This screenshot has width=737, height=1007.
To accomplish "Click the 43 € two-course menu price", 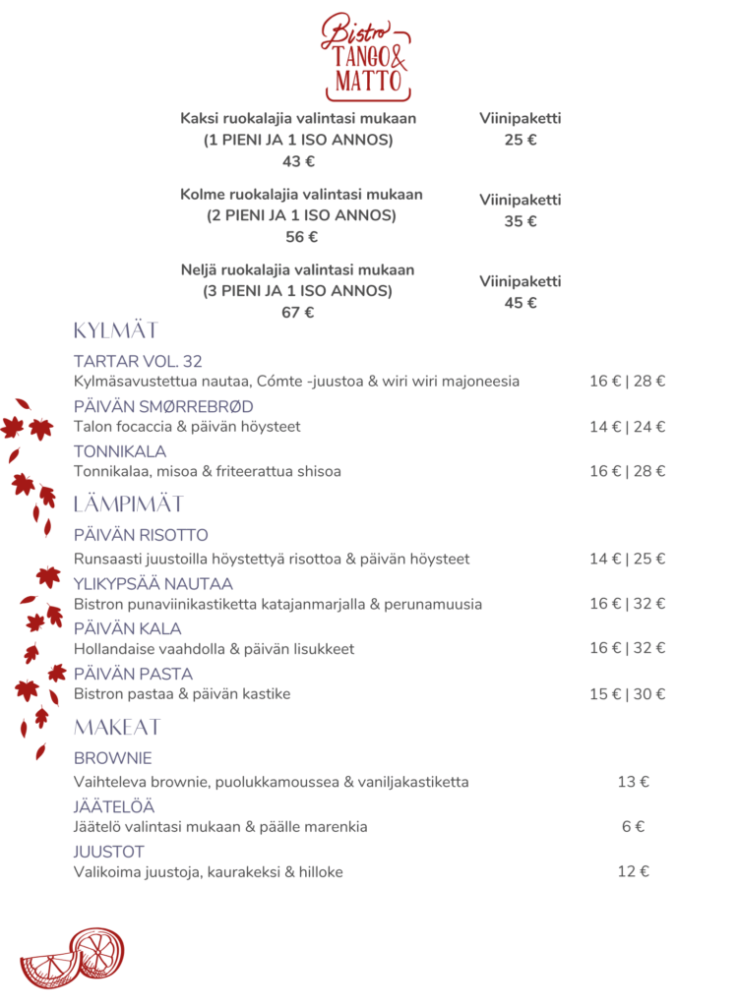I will [298, 162].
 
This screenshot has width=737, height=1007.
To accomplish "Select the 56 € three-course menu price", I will [301, 237].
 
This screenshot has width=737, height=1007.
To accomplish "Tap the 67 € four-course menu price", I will [298, 313].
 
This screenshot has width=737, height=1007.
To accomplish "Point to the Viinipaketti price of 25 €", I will [521, 140].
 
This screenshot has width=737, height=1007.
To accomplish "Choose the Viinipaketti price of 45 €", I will [521, 303].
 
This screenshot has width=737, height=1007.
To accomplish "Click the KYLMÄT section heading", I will [116, 330].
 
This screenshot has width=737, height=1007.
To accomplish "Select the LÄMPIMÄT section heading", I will [129, 504].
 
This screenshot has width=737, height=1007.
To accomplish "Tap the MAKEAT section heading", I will [117, 728].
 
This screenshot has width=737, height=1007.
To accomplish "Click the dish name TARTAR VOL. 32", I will [138, 361].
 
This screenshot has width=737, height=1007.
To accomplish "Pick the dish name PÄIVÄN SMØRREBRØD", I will [163, 406].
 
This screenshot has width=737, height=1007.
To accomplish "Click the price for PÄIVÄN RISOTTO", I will [627, 559].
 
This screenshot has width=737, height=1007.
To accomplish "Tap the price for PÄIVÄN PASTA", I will [627, 694].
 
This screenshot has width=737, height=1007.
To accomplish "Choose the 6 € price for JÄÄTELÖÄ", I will [633, 827].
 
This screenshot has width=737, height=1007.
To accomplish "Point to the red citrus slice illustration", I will [73, 958].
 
